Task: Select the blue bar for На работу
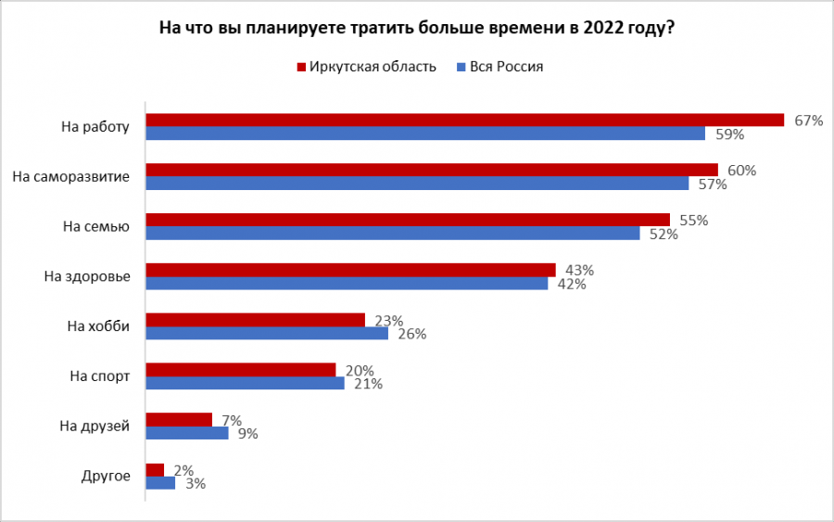(426, 134)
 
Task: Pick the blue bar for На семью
(393, 234)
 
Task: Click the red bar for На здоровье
(351, 270)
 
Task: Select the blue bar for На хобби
(267, 334)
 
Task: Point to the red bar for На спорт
(241, 370)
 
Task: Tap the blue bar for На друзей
(187, 433)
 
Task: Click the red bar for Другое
(156, 469)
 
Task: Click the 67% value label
(808, 121)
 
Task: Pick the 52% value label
(663, 235)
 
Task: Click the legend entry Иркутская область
(366, 67)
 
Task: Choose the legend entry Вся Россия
(505, 67)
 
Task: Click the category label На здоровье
(87, 276)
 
